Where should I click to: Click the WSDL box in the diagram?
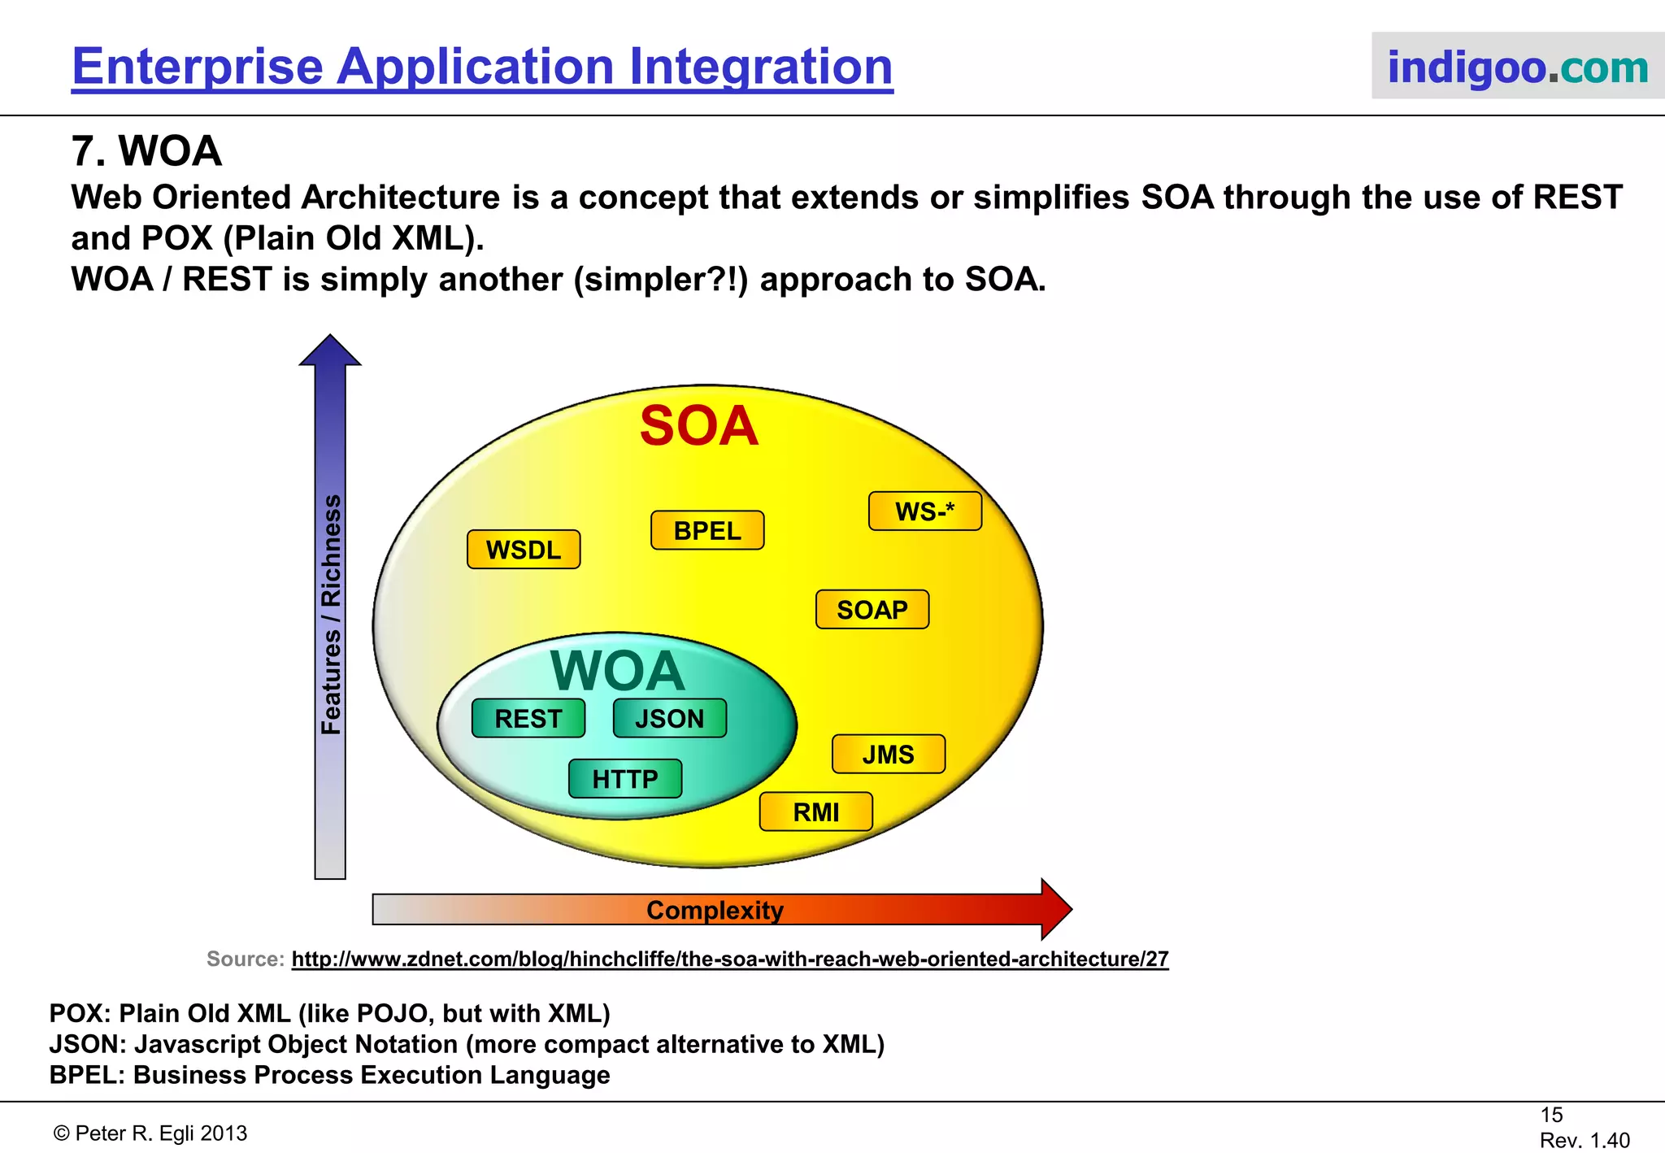pyautogui.click(x=524, y=550)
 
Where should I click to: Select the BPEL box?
pyautogui.click(x=707, y=530)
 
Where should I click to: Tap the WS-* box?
pyautogui.click(x=924, y=511)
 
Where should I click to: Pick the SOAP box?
pyautogui.click(x=872, y=609)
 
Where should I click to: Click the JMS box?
pyautogui.click(x=888, y=754)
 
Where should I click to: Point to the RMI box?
pyautogui.click(x=815, y=811)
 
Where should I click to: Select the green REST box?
pyautogui.click(x=528, y=718)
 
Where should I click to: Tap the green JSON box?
pyautogui.click(x=669, y=718)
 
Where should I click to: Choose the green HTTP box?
pyautogui.click(x=624, y=778)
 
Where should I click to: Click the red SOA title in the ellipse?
pyautogui.click(x=699, y=426)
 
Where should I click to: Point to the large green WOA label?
pyautogui.click(x=618, y=671)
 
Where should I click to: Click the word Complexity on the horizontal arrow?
pyautogui.click(x=715, y=910)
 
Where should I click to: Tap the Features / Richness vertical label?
pyautogui.click(x=331, y=614)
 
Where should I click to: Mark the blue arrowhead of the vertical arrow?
pyautogui.click(x=330, y=350)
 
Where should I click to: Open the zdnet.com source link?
pyautogui.click(x=729, y=959)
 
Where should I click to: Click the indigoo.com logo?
pyautogui.click(x=1517, y=67)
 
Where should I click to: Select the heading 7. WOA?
pyautogui.click(x=146, y=151)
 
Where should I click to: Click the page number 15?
pyautogui.click(x=1551, y=1115)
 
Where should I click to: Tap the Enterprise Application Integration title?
pyautogui.click(x=482, y=66)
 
